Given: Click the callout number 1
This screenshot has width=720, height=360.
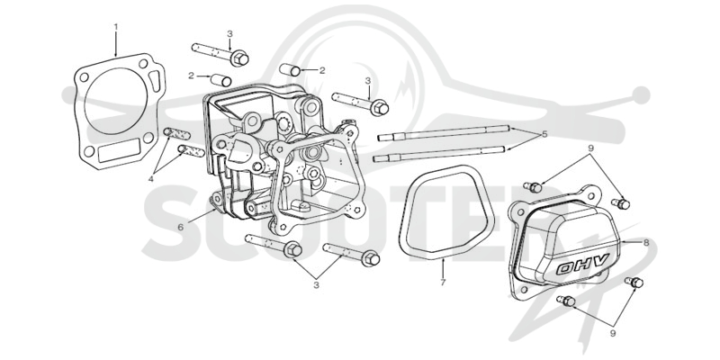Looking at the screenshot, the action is pyautogui.click(x=116, y=27).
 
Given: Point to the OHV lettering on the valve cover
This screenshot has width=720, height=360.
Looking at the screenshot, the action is pyautogui.click(x=582, y=264).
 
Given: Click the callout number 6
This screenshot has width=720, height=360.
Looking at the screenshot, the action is pyautogui.click(x=181, y=227).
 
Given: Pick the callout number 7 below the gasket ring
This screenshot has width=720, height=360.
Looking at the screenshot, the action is pyautogui.click(x=443, y=283).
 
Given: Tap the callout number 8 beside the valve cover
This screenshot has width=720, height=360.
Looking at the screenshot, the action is pyautogui.click(x=646, y=242).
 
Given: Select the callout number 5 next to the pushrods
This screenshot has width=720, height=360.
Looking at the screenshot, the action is pyautogui.click(x=544, y=134).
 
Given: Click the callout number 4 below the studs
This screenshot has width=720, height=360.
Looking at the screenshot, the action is pyautogui.click(x=151, y=179).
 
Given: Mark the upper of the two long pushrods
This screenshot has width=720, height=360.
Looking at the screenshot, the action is pyautogui.click(x=444, y=132).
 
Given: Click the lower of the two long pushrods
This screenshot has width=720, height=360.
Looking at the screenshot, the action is pyautogui.click(x=439, y=153).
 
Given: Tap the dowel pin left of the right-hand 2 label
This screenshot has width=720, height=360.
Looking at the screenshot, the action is pyautogui.click(x=290, y=69).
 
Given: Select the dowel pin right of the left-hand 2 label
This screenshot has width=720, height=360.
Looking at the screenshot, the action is pyautogui.click(x=220, y=80).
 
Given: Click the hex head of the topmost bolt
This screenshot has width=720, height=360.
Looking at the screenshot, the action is pyautogui.click(x=239, y=58).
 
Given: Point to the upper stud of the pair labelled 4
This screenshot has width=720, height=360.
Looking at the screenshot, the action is pyautogui.click(x=176, y=133).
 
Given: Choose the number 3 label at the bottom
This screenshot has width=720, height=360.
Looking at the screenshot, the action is pyautogui.click(x=316, y=284).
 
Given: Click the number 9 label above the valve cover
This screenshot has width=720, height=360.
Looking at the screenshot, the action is pyautogui.click(x=591, y=148).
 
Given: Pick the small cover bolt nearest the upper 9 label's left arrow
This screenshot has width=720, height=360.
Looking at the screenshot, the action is pyautogui.click(x=533, y=187).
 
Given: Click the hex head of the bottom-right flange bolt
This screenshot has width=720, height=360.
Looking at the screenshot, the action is pyautogui.click(x=371, y=259).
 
